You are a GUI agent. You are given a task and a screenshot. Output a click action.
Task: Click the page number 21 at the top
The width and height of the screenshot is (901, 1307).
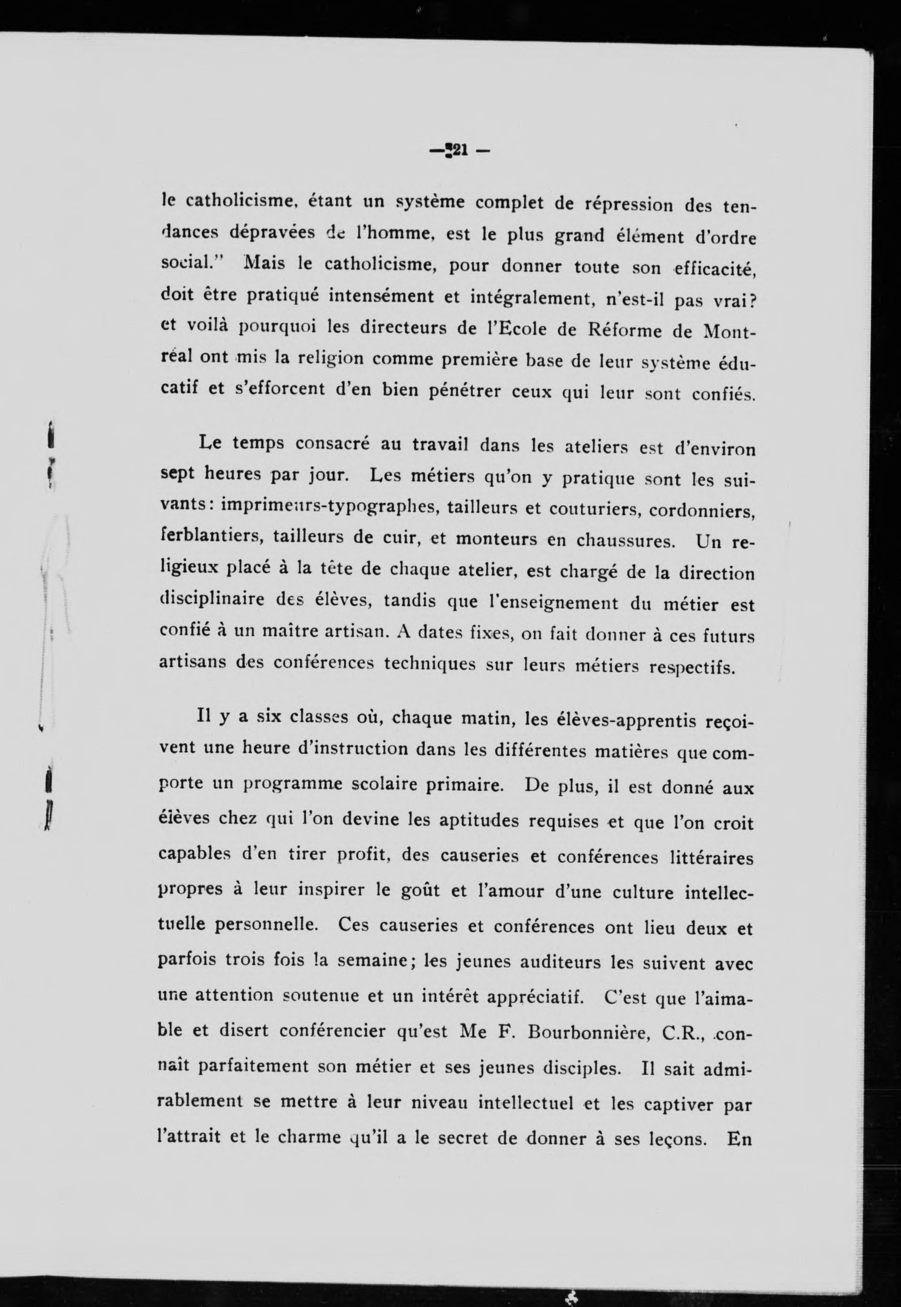[x=458, y=151]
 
